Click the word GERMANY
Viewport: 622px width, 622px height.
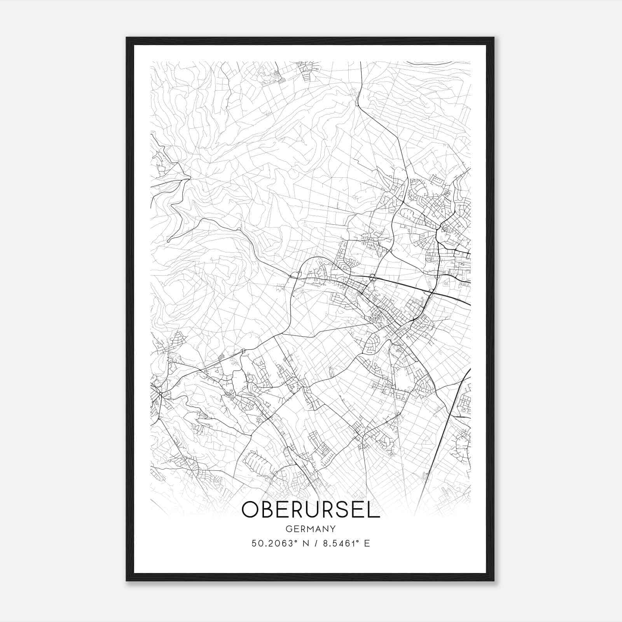311,529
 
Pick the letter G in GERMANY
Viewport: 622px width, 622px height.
288,529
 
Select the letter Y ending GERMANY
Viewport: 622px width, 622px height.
333,529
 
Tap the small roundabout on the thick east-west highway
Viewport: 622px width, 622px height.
372,277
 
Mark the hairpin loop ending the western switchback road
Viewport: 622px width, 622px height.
169,241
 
